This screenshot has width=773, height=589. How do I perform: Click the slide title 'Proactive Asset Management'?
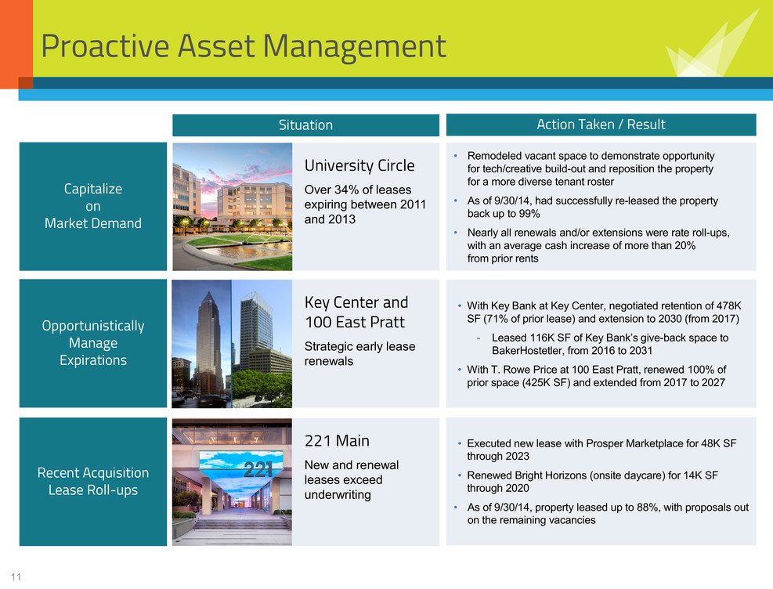244,47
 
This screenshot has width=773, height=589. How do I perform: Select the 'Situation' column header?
305,125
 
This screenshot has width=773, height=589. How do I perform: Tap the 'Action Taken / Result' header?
601,125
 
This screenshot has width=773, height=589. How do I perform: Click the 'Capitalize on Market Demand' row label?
93,206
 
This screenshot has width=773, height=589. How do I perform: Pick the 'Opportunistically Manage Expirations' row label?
93,343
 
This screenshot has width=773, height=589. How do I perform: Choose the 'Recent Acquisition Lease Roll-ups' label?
93,482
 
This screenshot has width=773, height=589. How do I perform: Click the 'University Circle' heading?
359,165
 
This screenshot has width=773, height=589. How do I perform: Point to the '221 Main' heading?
337,441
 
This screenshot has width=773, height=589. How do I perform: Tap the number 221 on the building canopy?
258,470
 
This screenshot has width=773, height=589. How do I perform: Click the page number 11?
16,576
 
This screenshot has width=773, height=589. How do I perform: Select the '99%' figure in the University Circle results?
530,214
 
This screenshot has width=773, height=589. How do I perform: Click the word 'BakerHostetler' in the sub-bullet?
528,351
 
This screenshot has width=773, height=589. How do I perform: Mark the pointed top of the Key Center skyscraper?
208,292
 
